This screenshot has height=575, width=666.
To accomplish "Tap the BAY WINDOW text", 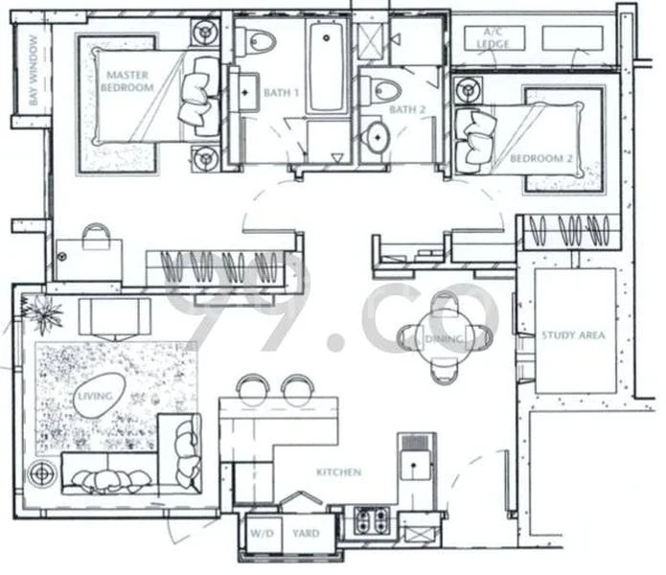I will pyautogui.click(x=34, y=72).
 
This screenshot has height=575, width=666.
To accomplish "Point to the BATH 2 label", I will pyautogui.click(x=406, y=110).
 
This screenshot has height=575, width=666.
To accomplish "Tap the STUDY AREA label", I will pyautogui.click(x=573, y=335).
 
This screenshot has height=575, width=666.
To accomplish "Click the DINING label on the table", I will pyautogui.click(x=445, y=339).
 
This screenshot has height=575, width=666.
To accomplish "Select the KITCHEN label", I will pyautogui.click(x=339, y=472).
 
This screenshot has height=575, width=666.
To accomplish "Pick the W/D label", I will pyautogui.click(x=262, y=535).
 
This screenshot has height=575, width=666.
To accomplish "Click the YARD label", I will pyautogui.click(x=306, y=535).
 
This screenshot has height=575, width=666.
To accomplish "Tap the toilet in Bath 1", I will pyautogui.click(x=258, y=40).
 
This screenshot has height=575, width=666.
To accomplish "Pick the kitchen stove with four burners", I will pyautogui.click(x=372, y=521).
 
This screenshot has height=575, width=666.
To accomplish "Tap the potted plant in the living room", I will pyautogui.click(x=42, y=310).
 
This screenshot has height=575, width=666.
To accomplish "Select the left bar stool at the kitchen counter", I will pyautogui.click(x=253, y=387).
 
